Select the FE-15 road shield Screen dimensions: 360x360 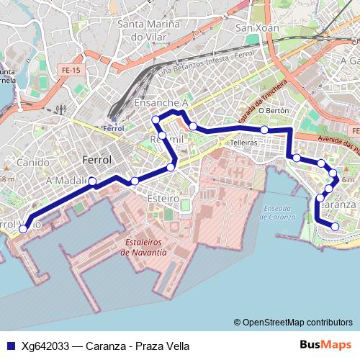(72, 71)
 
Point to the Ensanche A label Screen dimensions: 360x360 (161, 104)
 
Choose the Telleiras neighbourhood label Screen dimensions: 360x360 (244, 143)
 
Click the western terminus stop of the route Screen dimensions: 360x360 (23, 228)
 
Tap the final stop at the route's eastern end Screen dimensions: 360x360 (335, 227)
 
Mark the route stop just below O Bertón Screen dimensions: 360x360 (265, 130)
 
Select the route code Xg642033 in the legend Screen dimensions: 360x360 (46, 346)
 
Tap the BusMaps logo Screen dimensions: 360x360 (325, 345)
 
